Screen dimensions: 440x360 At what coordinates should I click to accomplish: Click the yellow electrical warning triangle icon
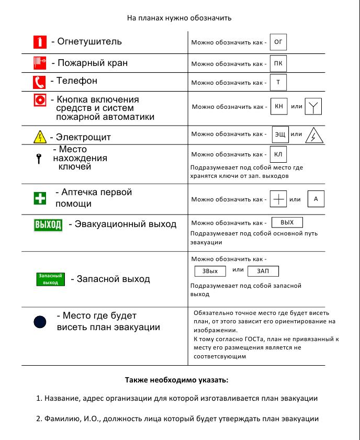(40, 138)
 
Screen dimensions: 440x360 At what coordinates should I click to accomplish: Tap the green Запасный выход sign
(51, 278)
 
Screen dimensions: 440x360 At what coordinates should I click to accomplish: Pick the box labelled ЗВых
(210, 271)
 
